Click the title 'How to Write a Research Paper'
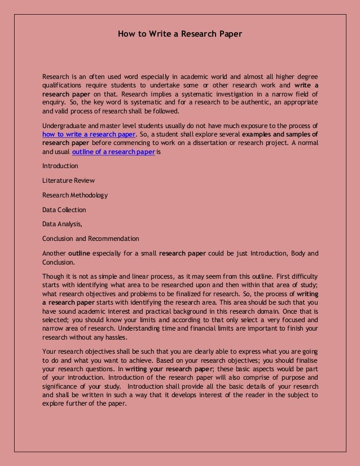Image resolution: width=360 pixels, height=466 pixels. tap(179, 34)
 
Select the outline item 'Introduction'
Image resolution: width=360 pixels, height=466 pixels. tap(60, 166)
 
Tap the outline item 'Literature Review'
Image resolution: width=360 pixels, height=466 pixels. tap(68, 181)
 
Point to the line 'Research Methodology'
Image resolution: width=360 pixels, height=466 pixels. tap(75, 195)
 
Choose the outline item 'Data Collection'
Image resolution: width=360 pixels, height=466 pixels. tap(64, 210)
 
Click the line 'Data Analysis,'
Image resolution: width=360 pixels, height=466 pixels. tap(62, 224)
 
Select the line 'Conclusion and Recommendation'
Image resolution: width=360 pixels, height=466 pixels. tap(90, 239)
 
